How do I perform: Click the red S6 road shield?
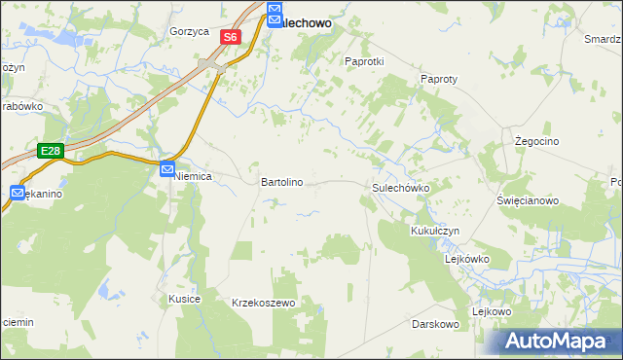tap(230, 37)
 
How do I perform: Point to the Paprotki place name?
tap(365, 60)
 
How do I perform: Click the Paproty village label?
tap(438, 79)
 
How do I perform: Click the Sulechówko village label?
tap(401, 187)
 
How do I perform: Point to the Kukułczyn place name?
tap(434, 231)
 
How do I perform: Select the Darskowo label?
tap(435, 323)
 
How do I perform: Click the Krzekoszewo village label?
tap(263, 304)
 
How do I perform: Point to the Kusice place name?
tap(184, 299)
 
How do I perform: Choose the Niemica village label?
tap(193, 177)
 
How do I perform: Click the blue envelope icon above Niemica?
tap(167, 168)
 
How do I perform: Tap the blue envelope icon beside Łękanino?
tap(18, 194)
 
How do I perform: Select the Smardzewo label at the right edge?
tap(603, 39)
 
